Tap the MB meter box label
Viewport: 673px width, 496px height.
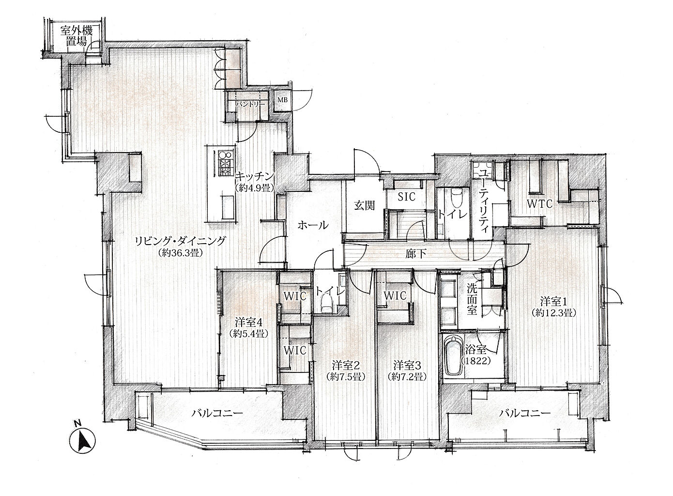tap(282, 100)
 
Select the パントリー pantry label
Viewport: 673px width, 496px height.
tap(250, 105)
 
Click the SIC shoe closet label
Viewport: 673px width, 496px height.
tap(407, 197)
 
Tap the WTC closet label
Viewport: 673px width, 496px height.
tap(539, 204)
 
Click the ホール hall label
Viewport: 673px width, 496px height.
tap(313, 225)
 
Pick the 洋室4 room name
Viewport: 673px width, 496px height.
tap(249, 323)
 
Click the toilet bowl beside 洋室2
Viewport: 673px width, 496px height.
tap(326, 303)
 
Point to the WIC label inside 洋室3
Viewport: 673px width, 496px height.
tap(395, 296)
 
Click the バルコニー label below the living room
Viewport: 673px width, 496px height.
tap(217, 414)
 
